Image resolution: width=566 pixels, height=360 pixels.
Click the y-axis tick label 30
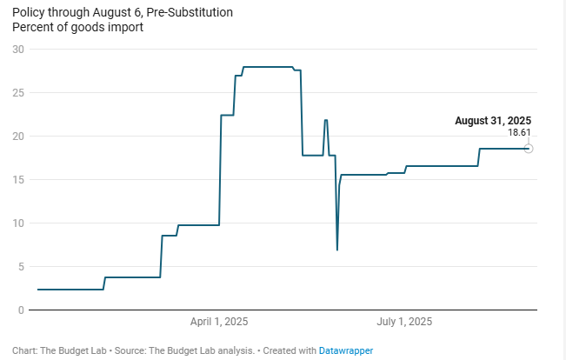[17, 49]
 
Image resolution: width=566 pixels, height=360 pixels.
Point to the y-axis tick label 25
[17, 92]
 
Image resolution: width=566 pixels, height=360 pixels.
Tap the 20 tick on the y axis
[17, 136]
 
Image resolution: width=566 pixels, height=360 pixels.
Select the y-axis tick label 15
[17, 179]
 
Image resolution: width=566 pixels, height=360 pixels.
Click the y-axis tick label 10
[17, 223]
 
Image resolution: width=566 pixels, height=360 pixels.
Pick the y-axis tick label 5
[20, 266]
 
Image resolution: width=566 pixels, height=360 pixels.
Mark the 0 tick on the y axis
[20, 310]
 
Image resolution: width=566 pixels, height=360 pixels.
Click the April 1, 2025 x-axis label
[219, 322]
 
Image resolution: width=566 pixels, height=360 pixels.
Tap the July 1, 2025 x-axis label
[404, 322]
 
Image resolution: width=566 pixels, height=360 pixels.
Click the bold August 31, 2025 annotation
[492, 121]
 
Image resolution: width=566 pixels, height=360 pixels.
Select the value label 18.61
[519, 132]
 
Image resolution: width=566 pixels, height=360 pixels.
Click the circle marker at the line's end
[529, 149]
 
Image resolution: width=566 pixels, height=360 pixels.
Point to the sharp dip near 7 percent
[337, 248]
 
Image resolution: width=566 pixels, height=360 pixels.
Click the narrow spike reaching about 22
[326, 122]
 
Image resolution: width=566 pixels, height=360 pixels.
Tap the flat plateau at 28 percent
[268, 67]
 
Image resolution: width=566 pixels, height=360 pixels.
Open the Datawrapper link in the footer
[346, 350]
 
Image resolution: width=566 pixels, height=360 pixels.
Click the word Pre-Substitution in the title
[190, 14]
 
